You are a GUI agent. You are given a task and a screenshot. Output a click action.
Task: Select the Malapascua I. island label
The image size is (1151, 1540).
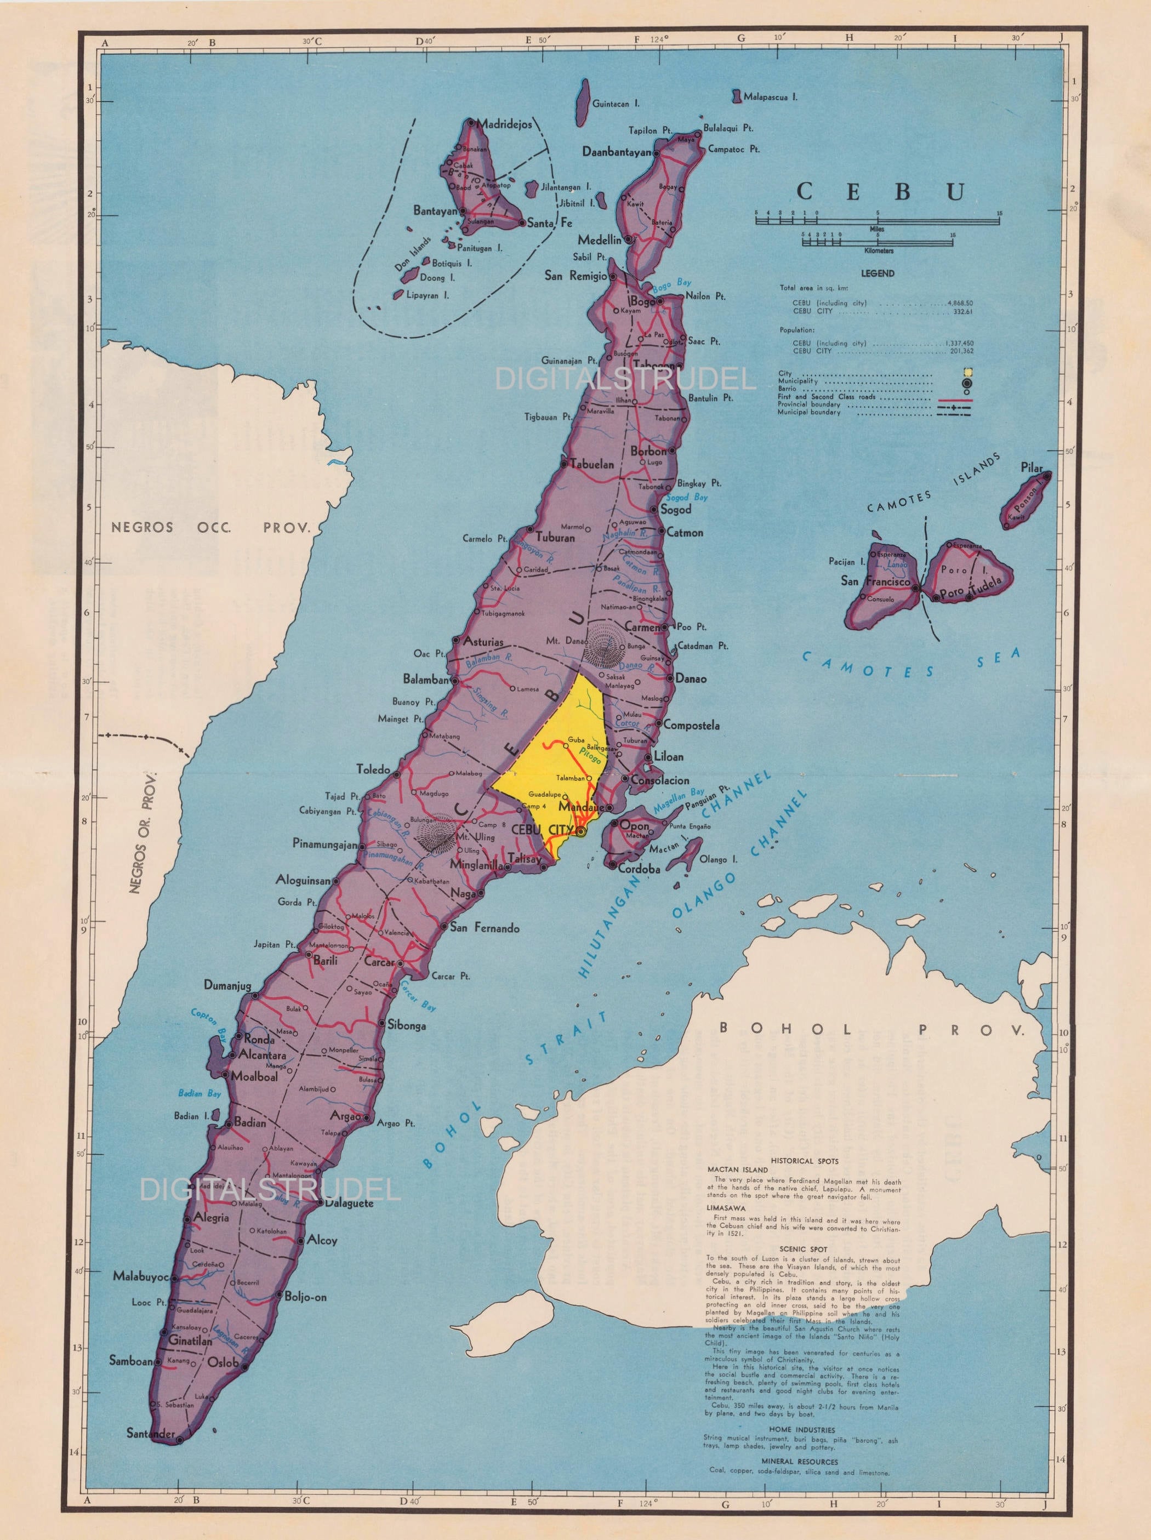[x=770, y=97]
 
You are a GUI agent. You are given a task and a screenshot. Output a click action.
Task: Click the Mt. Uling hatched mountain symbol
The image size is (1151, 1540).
[x=437, y=832]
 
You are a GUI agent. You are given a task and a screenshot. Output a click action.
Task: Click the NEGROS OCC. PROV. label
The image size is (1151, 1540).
[x=209, y=527]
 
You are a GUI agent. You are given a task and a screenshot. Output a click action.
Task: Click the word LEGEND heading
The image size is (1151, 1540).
[x=878, y=273]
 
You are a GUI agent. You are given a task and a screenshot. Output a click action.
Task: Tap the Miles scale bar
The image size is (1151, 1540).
[x=878, y=221]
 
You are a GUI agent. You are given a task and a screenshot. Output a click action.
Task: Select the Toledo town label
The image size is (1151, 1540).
[x=373, y=769]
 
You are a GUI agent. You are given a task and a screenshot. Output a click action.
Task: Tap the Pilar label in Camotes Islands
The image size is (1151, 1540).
[x=1031, y=468]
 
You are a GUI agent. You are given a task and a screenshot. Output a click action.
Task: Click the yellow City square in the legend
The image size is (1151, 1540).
[x=968, y=373]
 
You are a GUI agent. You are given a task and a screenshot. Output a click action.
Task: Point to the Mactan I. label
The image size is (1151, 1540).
[x=664, y=849]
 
